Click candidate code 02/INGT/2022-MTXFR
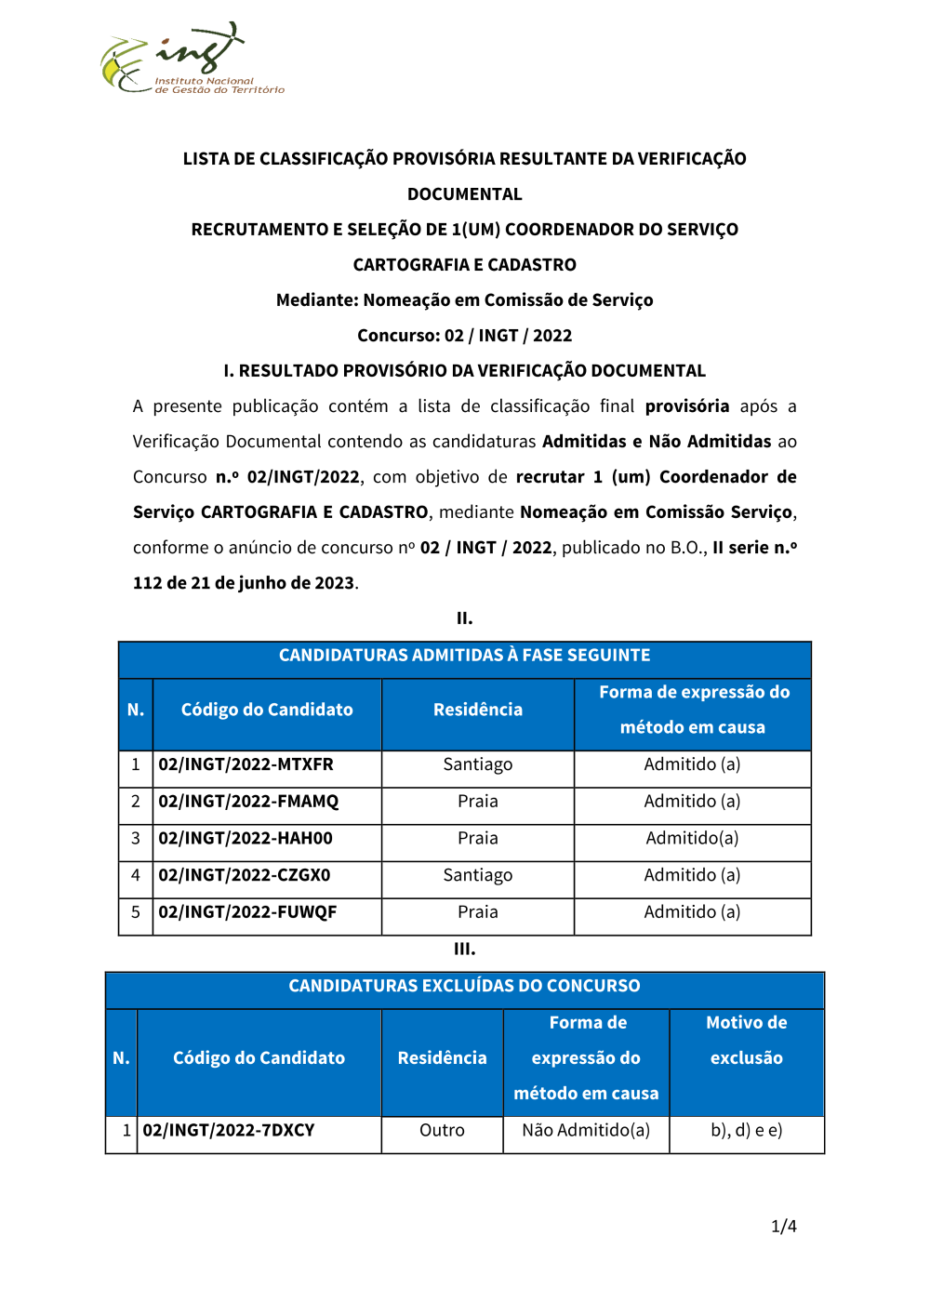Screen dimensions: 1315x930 (x=246, y=764)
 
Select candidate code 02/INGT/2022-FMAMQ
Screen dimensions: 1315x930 (x=248, y=802)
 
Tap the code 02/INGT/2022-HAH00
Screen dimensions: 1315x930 (x=246, y=839)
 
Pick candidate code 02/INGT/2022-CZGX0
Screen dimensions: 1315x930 (x=245, y=876)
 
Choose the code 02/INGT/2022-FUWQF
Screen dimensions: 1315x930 (x=247, y=912)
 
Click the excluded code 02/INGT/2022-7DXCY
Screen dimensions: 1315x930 (x=229, y=1131)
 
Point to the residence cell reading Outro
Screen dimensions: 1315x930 (x=442, y=1131)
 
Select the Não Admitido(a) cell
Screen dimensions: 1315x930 (x=586, y=1131)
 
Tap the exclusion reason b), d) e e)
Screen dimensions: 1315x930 (x=747, y=1131)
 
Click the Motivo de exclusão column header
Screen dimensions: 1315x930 (x=747, y=1041)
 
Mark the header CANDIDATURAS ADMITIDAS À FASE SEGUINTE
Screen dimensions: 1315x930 (x=465, y=656)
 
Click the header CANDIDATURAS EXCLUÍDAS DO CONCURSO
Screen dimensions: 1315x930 (x=465, y=986)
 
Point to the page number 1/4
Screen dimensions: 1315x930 (x=784, y=1227)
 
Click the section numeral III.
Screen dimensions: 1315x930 (x=465, y=950)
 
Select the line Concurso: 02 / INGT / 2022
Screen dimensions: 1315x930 (x=465, y=336)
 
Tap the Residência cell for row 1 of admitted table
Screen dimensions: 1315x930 (x=478, y=764)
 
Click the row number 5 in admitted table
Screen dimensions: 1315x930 (x=136, y=912)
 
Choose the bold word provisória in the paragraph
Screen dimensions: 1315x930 (x=687, y=406)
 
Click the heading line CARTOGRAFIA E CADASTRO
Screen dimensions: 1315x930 (x=465, y=265)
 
